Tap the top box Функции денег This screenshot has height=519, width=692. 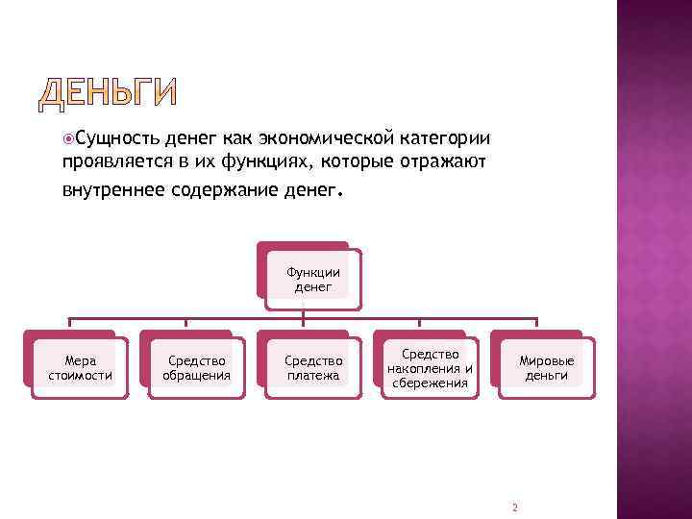pos(312,279)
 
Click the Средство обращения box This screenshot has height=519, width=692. pos(196,368)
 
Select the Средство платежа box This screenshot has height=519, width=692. pos(312,368)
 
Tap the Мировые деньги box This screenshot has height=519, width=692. pos(546,368)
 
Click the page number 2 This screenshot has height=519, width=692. pos(515,507)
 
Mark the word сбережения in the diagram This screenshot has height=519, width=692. pos(429,383)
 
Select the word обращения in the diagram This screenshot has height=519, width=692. pos(196,376)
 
